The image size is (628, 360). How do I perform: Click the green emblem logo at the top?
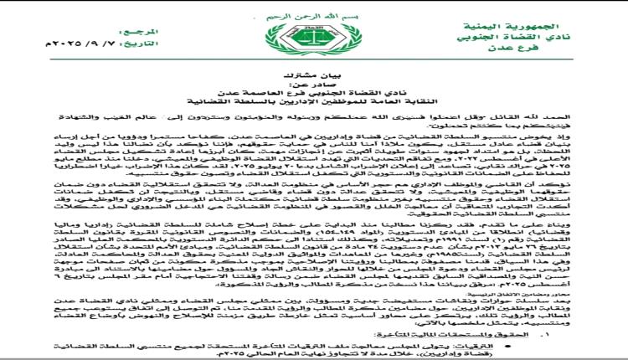pyautogui.click(x=315, y=40)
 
